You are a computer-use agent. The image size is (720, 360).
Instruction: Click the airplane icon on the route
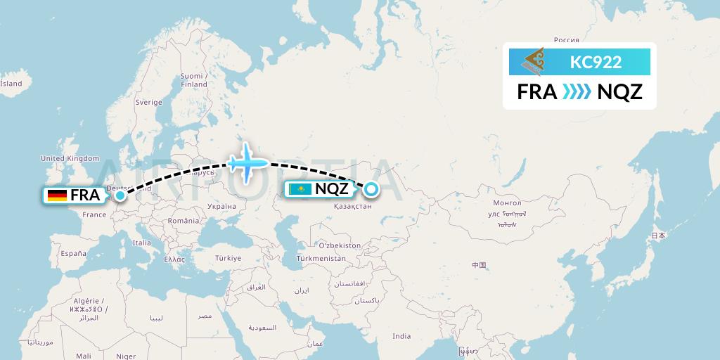point(247,163)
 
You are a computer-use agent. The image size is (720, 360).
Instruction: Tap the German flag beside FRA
point(58,195)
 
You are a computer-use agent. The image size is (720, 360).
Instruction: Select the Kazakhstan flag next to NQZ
point(300,189)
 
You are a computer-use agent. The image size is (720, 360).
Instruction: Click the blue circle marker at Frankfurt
point(120,195)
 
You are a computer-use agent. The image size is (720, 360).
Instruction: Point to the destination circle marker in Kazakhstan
point(371,188)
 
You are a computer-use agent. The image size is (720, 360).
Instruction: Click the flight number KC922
point(596,62)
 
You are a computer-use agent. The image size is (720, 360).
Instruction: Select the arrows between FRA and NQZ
point(577,92)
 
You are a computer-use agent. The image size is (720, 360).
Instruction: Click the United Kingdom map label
point(70,159)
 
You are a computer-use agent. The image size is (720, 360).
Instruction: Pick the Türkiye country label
point(229,258)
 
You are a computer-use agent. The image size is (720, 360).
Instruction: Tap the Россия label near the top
point(566,40)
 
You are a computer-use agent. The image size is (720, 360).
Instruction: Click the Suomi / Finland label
point(193,80)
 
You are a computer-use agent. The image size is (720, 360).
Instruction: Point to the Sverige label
point(148,102)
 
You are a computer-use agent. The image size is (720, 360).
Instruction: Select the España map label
point(73,253)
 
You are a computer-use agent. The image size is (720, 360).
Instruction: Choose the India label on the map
point(401,336)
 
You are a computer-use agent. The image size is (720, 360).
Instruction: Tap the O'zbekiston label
point(340,246)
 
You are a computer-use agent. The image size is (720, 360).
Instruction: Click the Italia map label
point(142,243)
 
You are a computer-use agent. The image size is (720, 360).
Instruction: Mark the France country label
point(94,214)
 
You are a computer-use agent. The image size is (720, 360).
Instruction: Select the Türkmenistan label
point(322,258)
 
